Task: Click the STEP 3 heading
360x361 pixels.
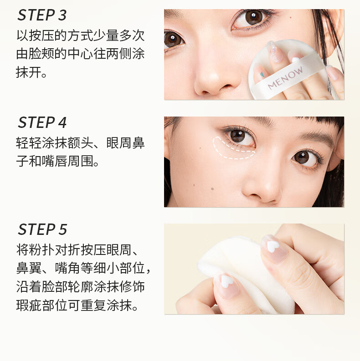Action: click(x=42, y=15)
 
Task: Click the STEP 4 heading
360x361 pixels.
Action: click(x=42, y=122)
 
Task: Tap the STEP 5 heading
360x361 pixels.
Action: click(x=42, y=229)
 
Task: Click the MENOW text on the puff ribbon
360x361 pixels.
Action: click(x=285, y=78)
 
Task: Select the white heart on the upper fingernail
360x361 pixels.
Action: click(x=273, y=246)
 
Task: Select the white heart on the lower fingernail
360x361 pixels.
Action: click(x=227, y=281)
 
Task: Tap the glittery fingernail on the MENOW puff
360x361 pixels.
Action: click(x=275, y=52)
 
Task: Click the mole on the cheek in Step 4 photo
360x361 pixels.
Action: click(x=212, y=189)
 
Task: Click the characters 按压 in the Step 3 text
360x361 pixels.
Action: click(x=42, y=36)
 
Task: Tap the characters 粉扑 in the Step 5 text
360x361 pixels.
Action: click(x=42, y=250)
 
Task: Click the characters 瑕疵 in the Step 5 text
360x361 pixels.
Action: click(x=29, y=305)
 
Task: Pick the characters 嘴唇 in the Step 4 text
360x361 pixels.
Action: click(x=55, y=161)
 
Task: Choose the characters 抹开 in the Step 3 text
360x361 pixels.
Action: click(x=29, y=72)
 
